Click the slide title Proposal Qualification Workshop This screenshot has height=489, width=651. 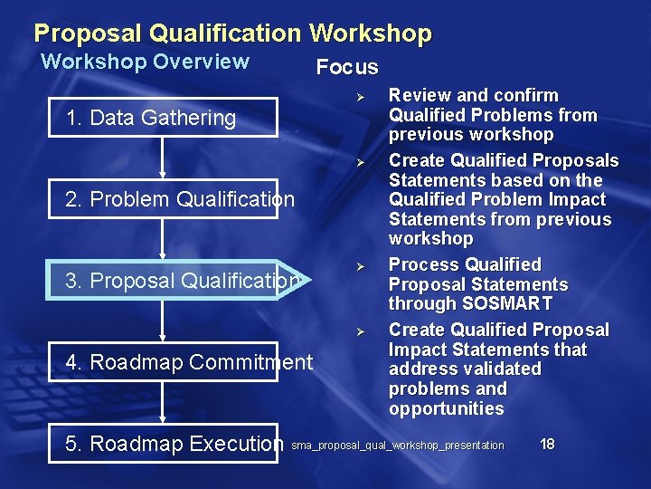[232, 34]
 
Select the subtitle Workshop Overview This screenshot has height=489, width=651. [145, 62]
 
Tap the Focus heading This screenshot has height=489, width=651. [346, 67]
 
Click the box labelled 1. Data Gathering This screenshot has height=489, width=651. [150, 118]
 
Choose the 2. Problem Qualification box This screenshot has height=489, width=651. [180, 199]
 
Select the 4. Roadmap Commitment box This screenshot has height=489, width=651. [189, 362]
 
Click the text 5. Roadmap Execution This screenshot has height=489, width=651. [175, 444]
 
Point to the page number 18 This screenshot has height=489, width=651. [547, 444]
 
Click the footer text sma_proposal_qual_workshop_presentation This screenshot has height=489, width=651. [398, 446]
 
